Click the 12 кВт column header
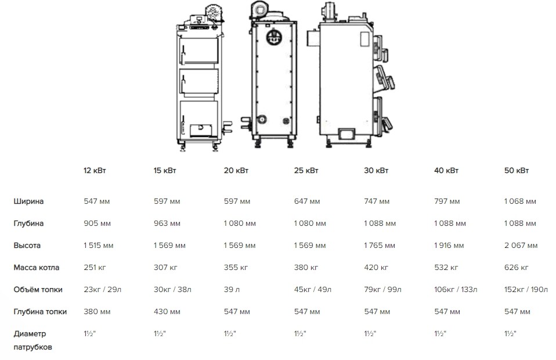click(95, 171)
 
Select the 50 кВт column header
click(517, 171)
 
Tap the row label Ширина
click(28, 201)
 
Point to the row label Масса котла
click(36, 268)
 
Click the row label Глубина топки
click(40, 312)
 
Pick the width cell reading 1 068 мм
click(521, 201)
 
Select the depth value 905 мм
click(96, 224)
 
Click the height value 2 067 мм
click(521, 246)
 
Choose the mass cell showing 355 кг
click(235, 268)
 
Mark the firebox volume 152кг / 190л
click(526, 290)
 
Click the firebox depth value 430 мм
click(167, 312)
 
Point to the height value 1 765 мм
click(380, 246)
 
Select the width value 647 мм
click(307, 201)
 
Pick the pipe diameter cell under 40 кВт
click(440, 334)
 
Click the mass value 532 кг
click(446, 268)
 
